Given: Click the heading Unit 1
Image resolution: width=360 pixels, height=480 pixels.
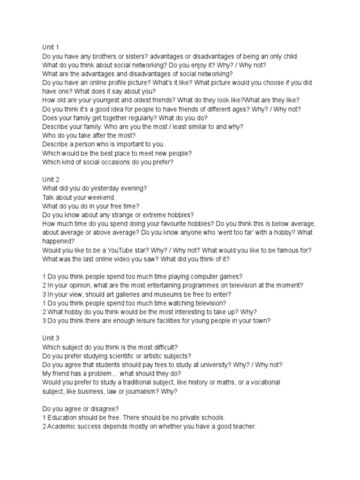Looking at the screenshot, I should (51, 47).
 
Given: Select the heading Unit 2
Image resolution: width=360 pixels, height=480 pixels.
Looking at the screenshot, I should (51, 179).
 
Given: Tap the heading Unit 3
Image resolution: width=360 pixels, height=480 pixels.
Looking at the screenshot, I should (51, 338).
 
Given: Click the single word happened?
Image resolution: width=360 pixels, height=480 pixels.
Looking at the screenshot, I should (59, 241).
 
